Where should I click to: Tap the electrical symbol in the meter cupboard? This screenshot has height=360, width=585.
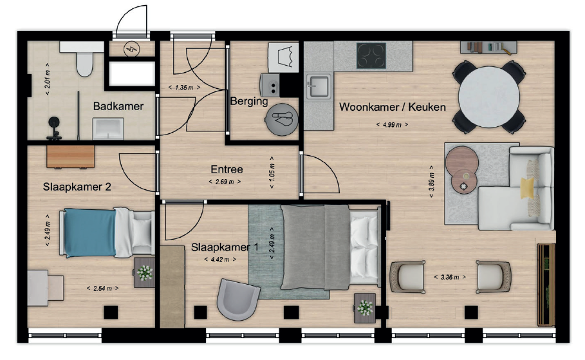pyautogui.click(x=131, y=49)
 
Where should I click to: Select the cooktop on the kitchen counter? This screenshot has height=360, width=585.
pyautogui.click(x=371, y=55)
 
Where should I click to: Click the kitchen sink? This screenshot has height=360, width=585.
pyautogui.click(x=318, y=86)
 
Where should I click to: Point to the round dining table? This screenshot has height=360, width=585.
pyautogui.click(x=488, y=97)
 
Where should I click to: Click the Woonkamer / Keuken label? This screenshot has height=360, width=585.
pyautogui.click(x=392, y=107)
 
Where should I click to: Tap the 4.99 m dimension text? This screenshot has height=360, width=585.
pyautogui.click(x=392, y=125)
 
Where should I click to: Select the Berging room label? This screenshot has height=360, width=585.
pyautogui.click(x=249, y=101)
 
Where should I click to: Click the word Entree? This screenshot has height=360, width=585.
pyautogui.click(x=227, y=169)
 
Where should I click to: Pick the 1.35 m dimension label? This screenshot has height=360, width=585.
pyautogui.click(x=184, y=88)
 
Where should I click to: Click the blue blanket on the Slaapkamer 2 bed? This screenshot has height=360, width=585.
pyautogui.click(x=89, y=232)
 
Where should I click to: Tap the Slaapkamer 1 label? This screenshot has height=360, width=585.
pyautogui.click(x=225, y=247)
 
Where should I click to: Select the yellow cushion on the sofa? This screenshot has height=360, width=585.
pyautogui.click(x=528, y=188)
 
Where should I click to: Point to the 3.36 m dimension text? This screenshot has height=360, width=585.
pyautogui.click(x=450, y=277)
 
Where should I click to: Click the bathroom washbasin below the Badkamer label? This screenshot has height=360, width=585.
pyautogui.click(x=108, y=129)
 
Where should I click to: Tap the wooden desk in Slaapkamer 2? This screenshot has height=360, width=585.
pyautogui.click(x=70, y=156)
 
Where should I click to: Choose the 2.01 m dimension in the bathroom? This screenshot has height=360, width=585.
pyautogui.click(x=48, y=79)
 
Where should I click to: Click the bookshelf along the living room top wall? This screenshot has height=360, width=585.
pyautogui.click(x=488, y=48)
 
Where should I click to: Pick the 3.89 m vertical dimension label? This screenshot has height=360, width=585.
pyautogui.click(x=431, y=182)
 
